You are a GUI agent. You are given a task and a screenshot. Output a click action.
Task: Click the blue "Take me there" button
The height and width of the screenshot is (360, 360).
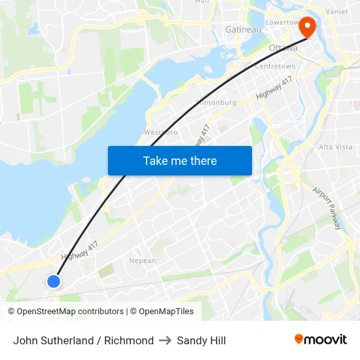[180, 160]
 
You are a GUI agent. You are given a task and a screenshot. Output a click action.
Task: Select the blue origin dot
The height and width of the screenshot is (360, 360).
[54, 281]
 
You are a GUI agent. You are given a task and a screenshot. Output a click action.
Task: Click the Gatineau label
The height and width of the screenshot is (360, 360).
[243, 29]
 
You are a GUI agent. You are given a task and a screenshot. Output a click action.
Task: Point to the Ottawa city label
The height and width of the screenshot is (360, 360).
[283, 48]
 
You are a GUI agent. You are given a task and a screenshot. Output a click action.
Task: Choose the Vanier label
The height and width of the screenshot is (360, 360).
[336, 11]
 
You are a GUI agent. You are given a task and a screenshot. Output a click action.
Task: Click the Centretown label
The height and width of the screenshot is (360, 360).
[275, 66]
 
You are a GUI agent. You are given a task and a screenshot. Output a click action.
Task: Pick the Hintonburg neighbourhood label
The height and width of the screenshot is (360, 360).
[215, 102]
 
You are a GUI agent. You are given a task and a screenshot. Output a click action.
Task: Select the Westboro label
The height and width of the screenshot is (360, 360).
[161, 132]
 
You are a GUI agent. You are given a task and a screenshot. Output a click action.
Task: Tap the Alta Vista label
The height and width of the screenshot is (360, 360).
[335, 147]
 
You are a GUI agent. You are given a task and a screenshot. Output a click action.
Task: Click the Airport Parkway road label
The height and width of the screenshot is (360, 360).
[327, 209]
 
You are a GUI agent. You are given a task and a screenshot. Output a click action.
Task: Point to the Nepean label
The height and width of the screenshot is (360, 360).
[142, 261]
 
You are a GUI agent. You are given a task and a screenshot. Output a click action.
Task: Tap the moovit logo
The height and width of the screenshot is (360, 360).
[320, 339]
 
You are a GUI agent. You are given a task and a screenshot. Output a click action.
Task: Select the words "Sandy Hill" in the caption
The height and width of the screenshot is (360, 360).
[201, 340]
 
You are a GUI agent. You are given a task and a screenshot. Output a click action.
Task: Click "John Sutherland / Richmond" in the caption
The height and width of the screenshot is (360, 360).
[83, 340]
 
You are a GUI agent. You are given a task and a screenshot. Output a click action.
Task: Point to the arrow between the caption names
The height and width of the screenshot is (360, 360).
[165, 340]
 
